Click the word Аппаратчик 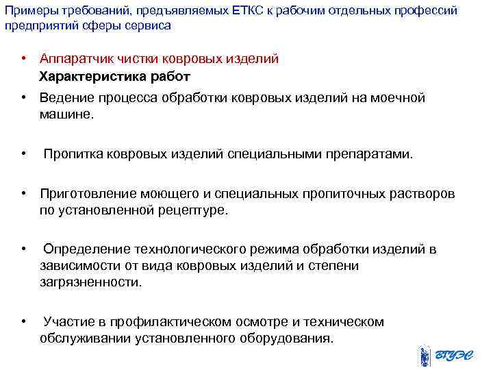point(76,59)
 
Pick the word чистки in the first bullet point(136,59)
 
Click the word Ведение point(65,98)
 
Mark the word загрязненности point(90,282)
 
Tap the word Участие point(66,321)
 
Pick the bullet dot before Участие point(24,321)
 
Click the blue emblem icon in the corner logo point(425,357)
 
